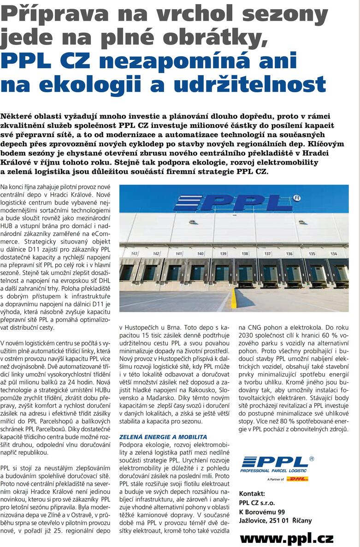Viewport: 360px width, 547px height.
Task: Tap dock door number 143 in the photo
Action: point(135,254)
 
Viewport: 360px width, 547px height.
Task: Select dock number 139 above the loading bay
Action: point(223,254)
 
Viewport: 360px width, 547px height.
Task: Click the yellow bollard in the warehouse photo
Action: point(234,298)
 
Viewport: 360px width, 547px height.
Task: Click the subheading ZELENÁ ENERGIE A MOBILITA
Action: point(163,436)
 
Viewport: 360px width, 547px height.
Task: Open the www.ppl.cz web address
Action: point(286,538)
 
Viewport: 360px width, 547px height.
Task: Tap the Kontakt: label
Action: point(252,493)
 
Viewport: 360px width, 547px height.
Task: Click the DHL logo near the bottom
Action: point(297,479)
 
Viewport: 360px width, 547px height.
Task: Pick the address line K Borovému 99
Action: point(262,511)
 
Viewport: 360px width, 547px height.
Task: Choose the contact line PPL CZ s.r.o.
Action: point(259,502)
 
